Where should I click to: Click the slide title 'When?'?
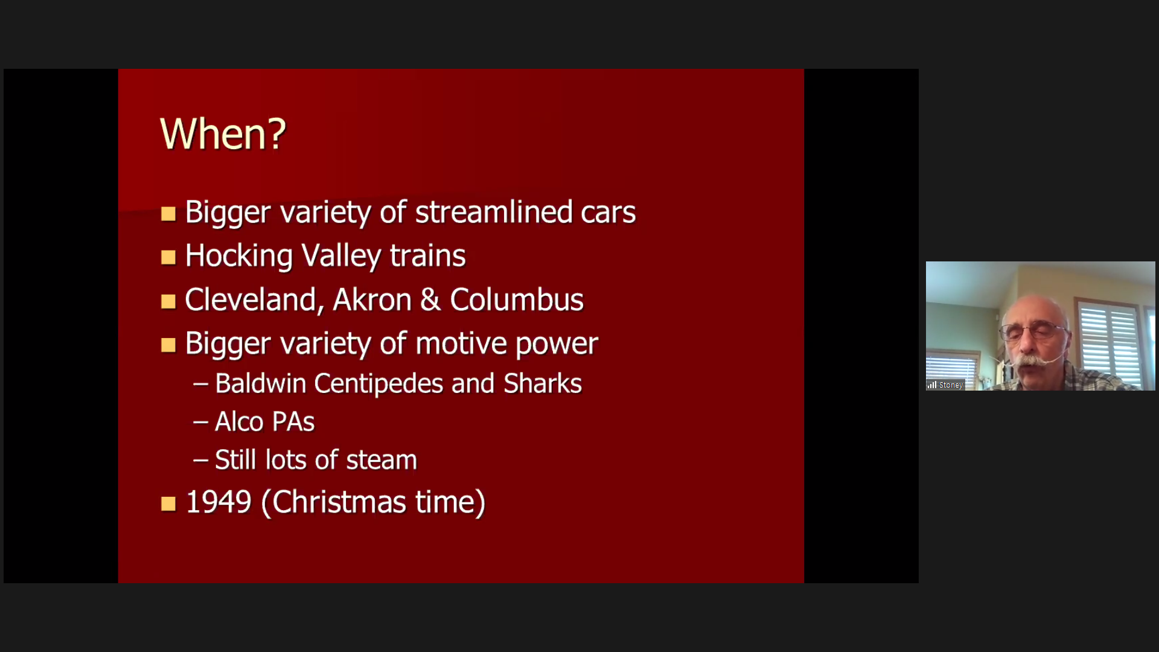223,133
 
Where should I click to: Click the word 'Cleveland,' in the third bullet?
251,300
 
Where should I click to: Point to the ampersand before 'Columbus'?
430,300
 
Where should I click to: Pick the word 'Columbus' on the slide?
517,299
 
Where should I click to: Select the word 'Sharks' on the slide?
543,383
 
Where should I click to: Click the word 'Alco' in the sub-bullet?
239,421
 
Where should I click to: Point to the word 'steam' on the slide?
382,460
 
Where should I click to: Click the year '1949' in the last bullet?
219,502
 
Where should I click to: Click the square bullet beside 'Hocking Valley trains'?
168,258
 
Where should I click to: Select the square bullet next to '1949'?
168,503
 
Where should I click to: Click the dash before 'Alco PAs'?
200,422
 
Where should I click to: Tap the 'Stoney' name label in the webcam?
951,385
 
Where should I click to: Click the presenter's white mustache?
1033,360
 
